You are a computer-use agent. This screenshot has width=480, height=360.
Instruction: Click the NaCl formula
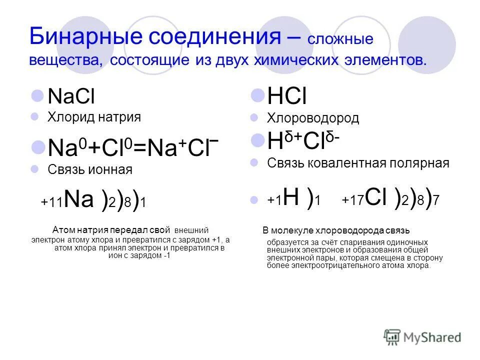click(x=71, y=96)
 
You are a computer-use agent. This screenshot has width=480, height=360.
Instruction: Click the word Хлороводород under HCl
click(x=313, y=118)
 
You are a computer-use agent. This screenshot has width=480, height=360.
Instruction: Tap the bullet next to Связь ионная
click(x=35, y=169)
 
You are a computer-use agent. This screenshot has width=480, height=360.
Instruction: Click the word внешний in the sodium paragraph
click(x=191, y=230)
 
